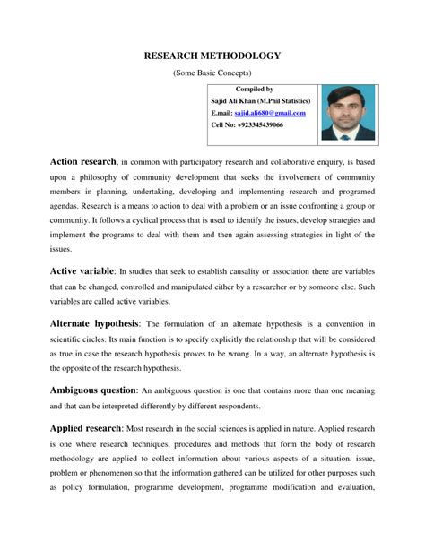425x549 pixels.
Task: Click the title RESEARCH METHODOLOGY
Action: (x=212, y=56)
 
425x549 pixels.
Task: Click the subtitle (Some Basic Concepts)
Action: (x=212, y=73)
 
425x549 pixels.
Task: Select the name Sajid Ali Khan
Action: (x=233, y=101)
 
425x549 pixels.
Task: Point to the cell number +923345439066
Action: (x=259, y=125)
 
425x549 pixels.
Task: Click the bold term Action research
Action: (x=82, y=161)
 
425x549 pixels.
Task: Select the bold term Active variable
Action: (x=82, y=270)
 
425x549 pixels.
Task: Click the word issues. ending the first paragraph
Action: (x=60, y=250)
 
